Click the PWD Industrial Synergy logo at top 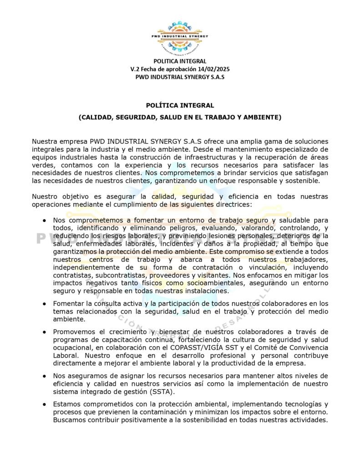pyautogui.click(x=180, y=35)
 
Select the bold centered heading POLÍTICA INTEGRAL pyautogui.click(x=180, y=106)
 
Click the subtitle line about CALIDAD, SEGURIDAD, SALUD pyautogui.click(x=180, y=117)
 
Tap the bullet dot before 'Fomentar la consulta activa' pyautogui.click(x=44, y=304)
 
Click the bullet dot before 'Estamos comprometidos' pyautogui.click(x=44, y=404)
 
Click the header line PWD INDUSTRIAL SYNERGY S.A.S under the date pyautogui.click(x=180, y=77)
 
